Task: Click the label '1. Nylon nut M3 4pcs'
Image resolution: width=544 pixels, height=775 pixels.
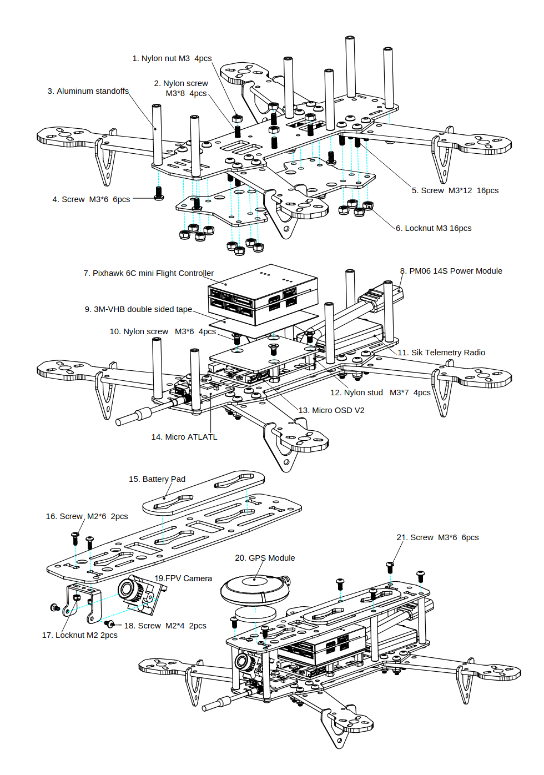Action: coord(172,58)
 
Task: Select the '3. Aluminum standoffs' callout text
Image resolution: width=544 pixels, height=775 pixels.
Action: coord(88,91)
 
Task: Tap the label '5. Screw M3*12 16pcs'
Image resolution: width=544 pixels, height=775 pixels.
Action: coord(455,190)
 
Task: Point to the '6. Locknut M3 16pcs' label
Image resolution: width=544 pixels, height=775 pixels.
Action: coord(434,228)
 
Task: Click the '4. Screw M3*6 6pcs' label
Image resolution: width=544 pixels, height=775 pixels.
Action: coord(91,199)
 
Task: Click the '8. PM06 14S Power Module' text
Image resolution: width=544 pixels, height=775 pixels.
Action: coord(451,271)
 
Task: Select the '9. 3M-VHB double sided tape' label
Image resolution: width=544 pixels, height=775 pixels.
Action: coord(138,309)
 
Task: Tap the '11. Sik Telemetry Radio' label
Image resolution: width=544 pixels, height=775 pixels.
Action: coord(441,353)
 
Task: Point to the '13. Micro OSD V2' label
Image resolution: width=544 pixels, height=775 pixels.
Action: coord(331,410)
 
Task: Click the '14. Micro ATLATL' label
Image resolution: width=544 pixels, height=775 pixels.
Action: coord(184,437)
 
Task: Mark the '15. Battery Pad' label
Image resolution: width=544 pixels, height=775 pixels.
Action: coord(157,479)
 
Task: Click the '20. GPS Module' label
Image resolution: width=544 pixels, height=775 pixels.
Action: coord(265,558)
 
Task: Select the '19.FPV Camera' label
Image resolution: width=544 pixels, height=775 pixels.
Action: coord(183,578)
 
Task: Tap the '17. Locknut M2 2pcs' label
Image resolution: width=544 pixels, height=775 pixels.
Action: coord(80,635)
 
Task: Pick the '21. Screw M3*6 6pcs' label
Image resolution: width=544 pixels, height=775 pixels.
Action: coord(437,537)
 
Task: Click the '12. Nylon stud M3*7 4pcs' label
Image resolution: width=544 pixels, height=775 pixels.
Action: coord(380,392)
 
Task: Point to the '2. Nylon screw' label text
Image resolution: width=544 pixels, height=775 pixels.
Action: coord(181,83)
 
